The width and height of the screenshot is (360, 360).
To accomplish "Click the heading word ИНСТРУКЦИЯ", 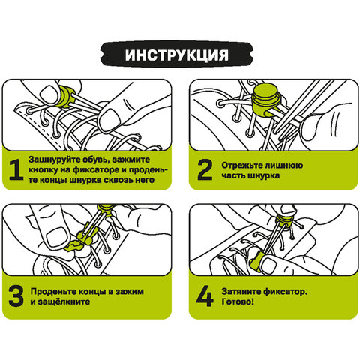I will click(179, 56).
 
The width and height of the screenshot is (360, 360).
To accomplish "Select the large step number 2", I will click(203, 169).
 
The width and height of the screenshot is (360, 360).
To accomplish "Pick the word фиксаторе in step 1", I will click(97, 170).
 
